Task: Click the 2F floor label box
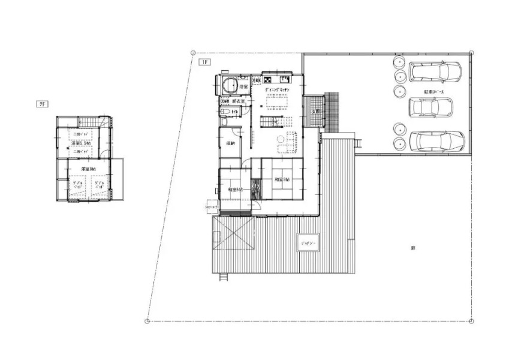click(42, 104)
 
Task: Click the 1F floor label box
click(204, 62)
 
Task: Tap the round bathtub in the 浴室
click(228, 85)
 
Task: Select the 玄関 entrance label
click(315, 112)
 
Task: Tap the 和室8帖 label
click(282, 179)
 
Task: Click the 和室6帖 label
click(234, 190)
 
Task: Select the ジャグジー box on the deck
click(310, 242)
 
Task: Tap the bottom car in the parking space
click(436, 140)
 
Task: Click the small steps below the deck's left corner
click(224, 277)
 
